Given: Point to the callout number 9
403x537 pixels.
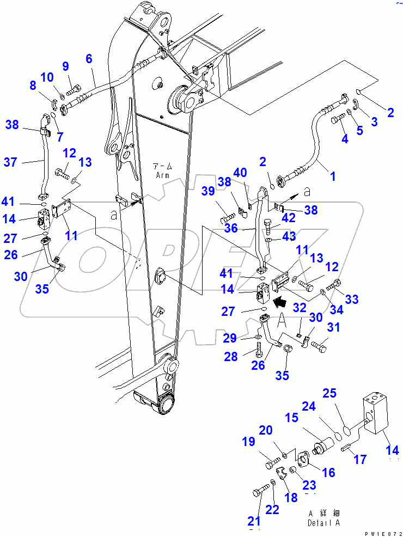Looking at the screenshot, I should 65,66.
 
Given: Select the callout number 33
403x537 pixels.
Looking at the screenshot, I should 352,298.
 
